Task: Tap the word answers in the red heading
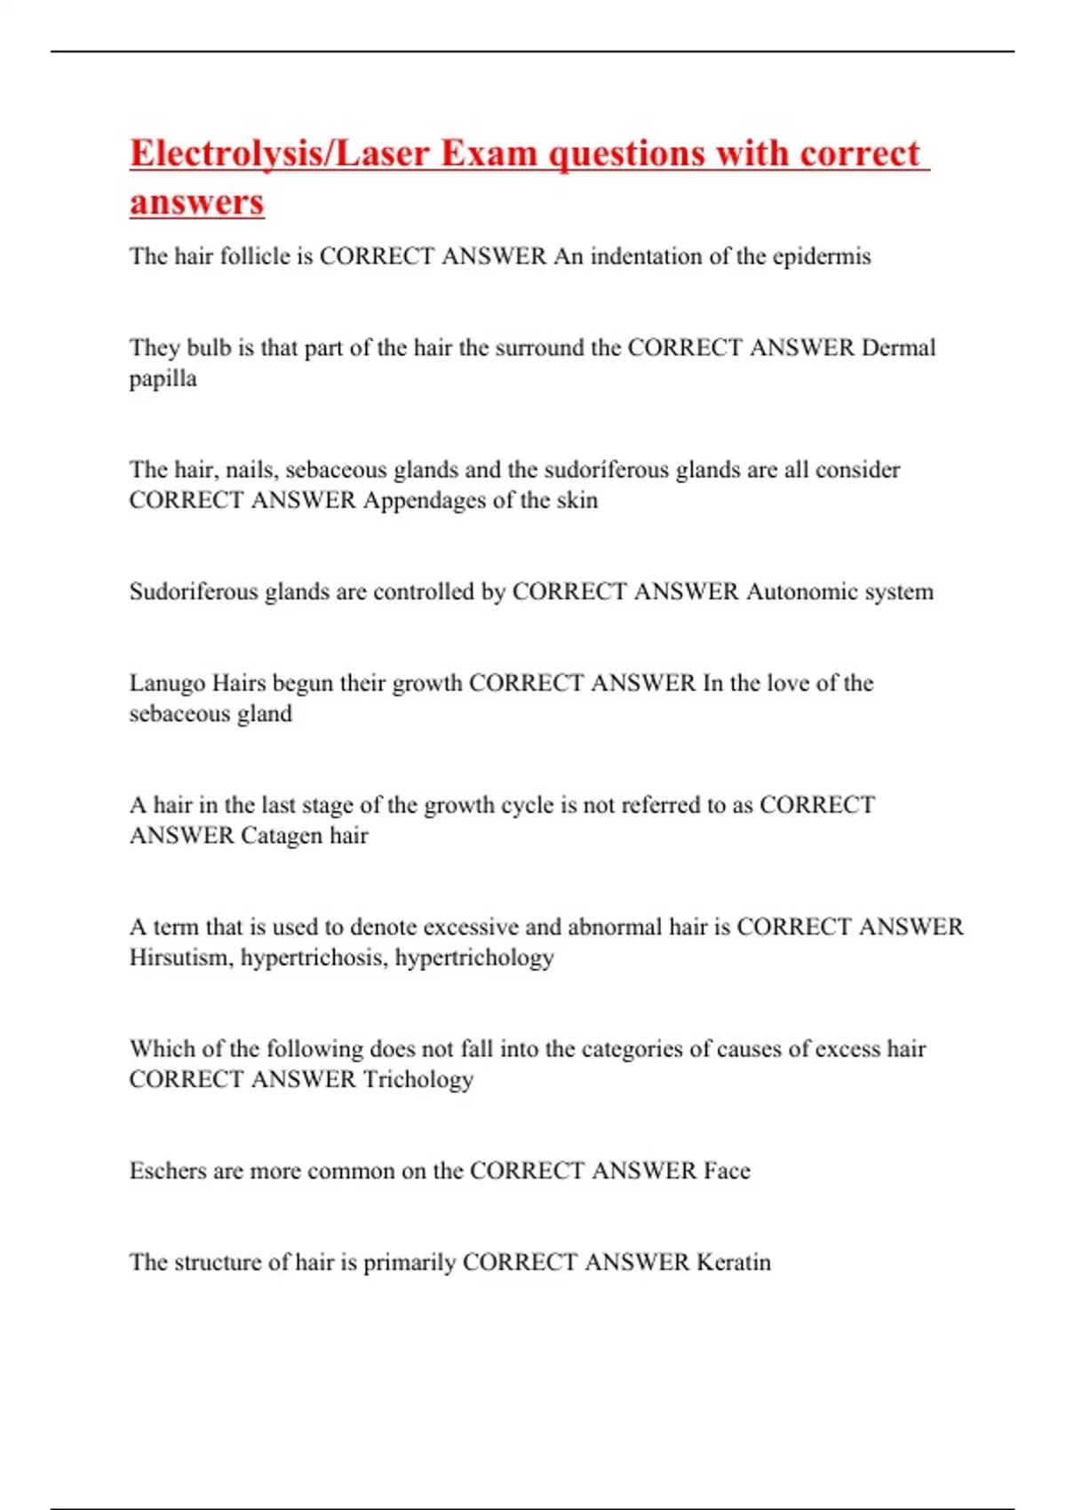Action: pyautogui.click(x=196, y=202)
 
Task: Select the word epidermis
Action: pyautogui.click(x=822, y=257)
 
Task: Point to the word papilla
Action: pyautogui.click(x=163, y=379)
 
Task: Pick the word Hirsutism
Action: pyautogui.click(x=181, y=958)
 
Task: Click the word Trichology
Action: pyautogui.click(x=418, y=1079)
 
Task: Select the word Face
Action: pyautogui.click(x=727, y=1171)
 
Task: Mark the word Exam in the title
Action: pyautogui.click(x=489, y=154)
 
